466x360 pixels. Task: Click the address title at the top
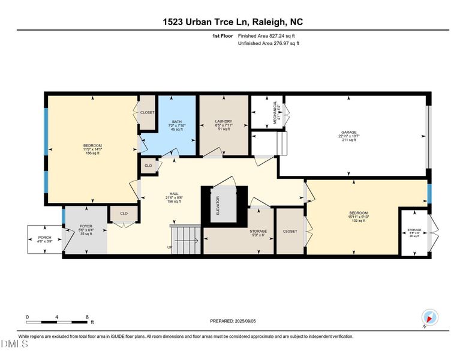pos(233,22)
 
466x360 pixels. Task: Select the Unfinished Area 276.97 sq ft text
pos(268,43)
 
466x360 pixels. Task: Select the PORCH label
pos(44,239)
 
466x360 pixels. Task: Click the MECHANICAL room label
pos(275,112)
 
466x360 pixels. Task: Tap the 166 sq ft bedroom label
pos(92,149)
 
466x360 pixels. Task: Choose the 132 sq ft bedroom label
pos(358,217)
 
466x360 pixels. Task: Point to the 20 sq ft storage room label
pos(414,233)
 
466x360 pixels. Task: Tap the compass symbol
pos(429,317)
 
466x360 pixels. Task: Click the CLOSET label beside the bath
pos(147,112)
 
